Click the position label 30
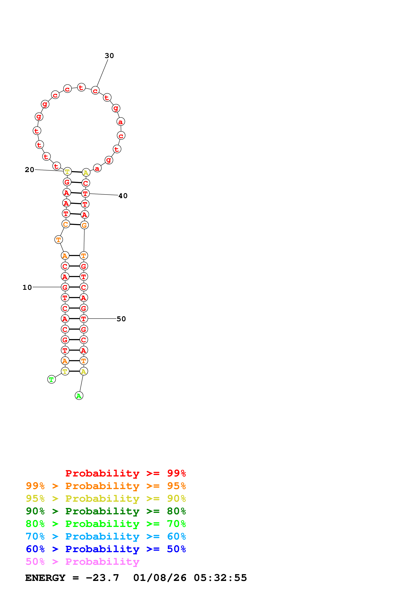pos(109,56)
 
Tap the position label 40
pos(123,196)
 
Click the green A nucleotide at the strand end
pos(79,396)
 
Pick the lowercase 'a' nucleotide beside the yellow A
pos(97,168)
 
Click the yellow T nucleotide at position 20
pos(67,171)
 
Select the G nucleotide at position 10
pos(65,287)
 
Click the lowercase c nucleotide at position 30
pos(95,90)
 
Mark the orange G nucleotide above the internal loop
pos(84,225)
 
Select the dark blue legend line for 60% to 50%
pos(106,549)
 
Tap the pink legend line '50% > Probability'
pos(82,562)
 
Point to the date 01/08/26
pos(160,578)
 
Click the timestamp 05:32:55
pos(220,578)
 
